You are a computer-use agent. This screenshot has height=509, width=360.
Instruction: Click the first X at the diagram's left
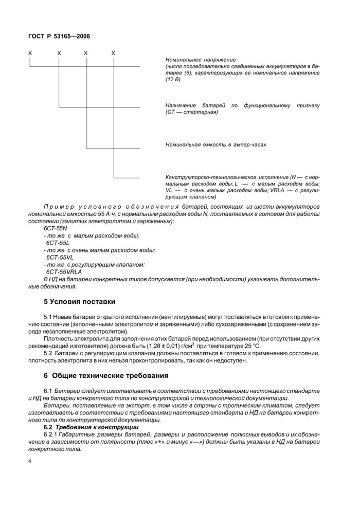click(31, 53)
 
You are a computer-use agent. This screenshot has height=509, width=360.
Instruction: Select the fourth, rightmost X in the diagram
click(113, 53)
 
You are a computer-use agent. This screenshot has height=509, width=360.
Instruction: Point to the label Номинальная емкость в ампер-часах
click(216, 145)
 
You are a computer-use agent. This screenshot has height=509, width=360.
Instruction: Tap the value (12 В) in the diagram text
click(173, 81)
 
